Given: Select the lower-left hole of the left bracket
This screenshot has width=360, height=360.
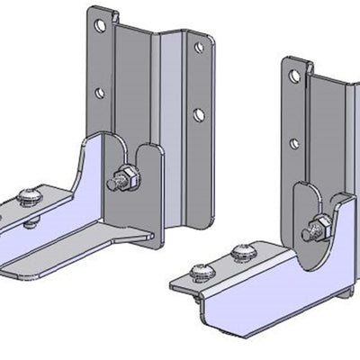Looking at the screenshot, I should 100,93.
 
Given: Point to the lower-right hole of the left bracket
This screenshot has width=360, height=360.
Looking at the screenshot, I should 198,113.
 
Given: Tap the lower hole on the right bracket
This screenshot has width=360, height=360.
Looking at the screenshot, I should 294,142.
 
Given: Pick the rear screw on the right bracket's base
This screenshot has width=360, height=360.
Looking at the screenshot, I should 240,251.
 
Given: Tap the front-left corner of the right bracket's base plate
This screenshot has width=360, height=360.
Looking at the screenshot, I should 176,284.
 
